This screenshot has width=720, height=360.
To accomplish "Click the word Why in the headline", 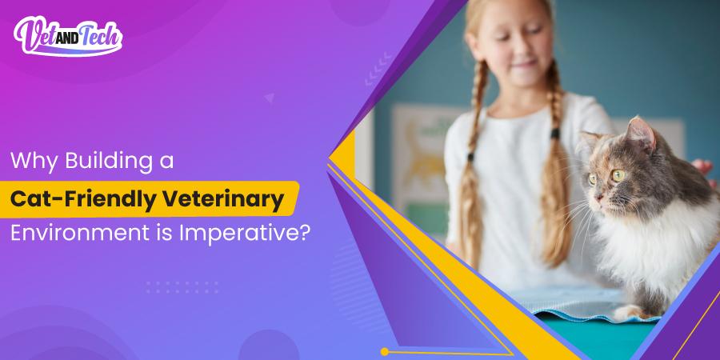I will (x=31, y=160).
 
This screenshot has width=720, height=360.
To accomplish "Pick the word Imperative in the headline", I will (x=241, y=234).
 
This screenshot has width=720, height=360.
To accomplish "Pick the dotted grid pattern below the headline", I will (x=182, y=286).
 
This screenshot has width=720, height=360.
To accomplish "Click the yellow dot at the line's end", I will (x=385, y=351).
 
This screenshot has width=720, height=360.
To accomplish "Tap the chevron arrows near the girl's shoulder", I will (x=376, y=67).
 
